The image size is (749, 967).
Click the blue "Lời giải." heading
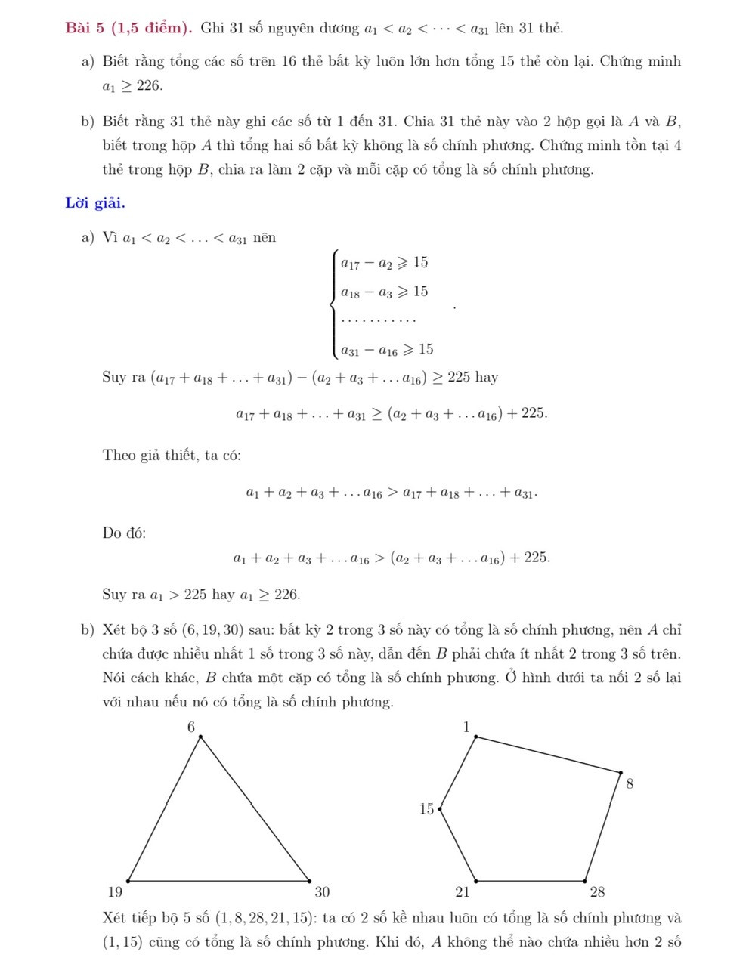(x=95, y=202)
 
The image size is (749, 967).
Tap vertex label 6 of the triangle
(x=191, y=727)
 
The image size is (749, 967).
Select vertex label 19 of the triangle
(x=113, y=891)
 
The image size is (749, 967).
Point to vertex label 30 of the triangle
(x=322, y=891)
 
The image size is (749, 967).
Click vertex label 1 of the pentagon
(x=466, y=727)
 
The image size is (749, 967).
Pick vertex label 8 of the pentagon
(x=630, y=784)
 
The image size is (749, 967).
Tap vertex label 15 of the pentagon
(x=427, y=809)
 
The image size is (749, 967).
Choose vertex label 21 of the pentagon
(x=463, y=891)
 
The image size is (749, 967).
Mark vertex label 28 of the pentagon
(x=597, y=891)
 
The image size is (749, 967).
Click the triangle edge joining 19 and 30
(x=219, y=881)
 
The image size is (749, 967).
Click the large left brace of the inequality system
(x=333, y=306)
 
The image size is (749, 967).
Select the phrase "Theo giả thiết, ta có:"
(x=172, y=455)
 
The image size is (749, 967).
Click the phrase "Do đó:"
(x=124, y=533)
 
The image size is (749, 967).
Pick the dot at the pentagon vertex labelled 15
(x=440, y=808)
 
